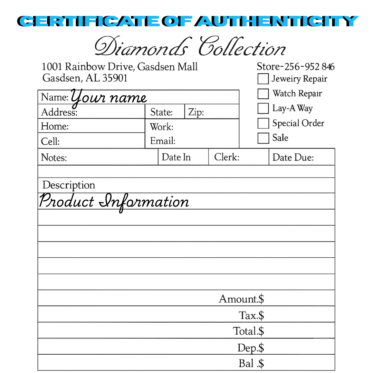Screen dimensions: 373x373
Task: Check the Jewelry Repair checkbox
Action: click(x=263, y=79)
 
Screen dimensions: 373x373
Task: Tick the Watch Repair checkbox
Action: click(x=263, y=94)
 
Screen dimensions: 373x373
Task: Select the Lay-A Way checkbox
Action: click(x=263, y=108)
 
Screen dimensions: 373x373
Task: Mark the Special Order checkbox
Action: click(x=263, y=123)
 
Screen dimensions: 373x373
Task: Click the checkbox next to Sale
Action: click(x=263, y=138)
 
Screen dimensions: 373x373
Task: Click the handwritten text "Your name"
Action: click(x=109, y=97)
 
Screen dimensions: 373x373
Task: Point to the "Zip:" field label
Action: click(x=196, y=112)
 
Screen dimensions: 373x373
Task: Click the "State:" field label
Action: click(x=161, y=112)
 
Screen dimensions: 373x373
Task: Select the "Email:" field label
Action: click(x=163, y=141)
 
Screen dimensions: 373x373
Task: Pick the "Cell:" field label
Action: click(x=50, y=142)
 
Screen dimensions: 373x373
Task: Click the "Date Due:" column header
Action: click(x=293, y=157)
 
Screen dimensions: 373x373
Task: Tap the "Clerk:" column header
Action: click(x=227, y=157)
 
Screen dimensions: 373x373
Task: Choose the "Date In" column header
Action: click(x=176, y=157)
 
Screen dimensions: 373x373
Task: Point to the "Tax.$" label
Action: click(x=251, y=315)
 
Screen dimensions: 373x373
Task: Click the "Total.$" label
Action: click(x=248, y=331)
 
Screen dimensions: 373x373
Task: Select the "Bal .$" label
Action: click(x=251, y=363)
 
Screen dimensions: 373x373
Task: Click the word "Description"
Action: click(x=68, y=185)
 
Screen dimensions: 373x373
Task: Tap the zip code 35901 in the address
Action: click(x=115, y=78)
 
